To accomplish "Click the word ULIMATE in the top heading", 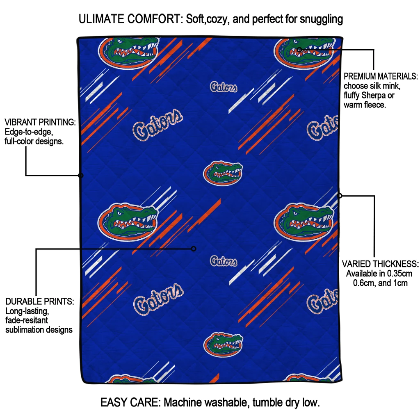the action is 102,19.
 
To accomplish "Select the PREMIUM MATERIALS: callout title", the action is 380,76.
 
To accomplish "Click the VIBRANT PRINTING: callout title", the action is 40,122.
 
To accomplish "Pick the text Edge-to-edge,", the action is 29,132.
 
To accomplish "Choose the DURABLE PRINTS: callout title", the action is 40,301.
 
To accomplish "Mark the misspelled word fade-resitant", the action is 27,320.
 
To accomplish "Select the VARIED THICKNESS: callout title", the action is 380,264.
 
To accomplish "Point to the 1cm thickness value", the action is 400,283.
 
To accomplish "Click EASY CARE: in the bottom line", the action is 130,402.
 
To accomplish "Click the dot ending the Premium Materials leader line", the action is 299,50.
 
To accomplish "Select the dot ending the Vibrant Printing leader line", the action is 80,176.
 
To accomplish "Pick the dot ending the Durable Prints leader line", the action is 194,249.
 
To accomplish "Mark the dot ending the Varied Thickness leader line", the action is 340,196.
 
